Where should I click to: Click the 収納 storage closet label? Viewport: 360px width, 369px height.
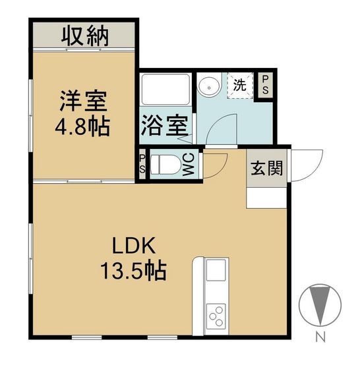85,37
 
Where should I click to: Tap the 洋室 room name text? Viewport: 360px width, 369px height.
83,101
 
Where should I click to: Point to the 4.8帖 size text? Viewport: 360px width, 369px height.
82,127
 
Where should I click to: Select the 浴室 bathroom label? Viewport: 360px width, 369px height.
165,125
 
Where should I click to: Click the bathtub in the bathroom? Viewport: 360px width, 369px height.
165,89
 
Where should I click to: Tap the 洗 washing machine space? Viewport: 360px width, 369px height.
240,85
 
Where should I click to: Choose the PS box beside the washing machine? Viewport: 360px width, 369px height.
265,85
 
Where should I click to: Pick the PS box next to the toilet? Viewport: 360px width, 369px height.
142,163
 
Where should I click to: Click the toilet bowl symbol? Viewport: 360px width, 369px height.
165,164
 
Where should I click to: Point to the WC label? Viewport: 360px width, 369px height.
189,164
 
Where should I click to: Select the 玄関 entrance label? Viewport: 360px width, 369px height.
266,169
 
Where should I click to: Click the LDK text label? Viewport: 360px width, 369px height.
134,245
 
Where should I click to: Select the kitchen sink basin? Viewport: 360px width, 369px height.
216,270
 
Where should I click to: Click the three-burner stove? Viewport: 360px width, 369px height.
216,316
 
